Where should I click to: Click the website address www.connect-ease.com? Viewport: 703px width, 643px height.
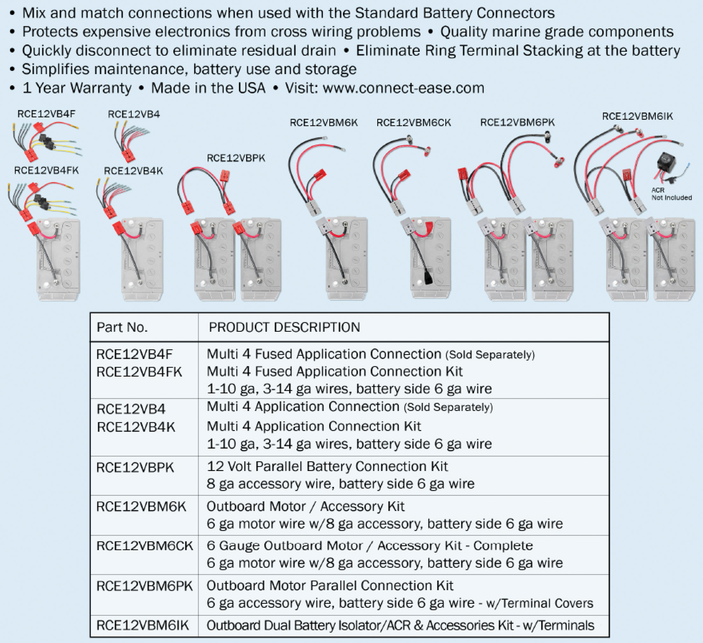[x=404, y=88]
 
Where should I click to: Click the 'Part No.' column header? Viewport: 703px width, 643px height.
[x=122, y=327]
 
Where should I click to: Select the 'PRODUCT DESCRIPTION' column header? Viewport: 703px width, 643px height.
[x=284, y=327]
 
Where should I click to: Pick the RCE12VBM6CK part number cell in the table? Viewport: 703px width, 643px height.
[x=144, y=546]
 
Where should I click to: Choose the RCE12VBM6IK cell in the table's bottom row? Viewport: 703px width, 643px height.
[x=142, y=625]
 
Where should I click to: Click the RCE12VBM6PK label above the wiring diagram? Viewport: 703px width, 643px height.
[x=517, y=122]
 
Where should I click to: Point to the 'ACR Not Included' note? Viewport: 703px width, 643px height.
[x=671, y=194]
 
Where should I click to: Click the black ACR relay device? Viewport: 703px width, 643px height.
[x=666, y=162]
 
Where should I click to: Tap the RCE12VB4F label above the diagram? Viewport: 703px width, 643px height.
[x=46, y=114]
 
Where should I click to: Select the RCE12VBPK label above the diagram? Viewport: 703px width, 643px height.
[x=236, y=158]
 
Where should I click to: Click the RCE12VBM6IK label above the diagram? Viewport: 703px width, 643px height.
[x=637, y=116]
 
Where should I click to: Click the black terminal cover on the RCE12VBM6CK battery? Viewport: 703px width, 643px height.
[x=427, y=278]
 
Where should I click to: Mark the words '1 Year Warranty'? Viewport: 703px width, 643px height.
[x=77, y=88]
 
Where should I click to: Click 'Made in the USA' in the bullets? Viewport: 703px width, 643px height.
[x=208, y=88]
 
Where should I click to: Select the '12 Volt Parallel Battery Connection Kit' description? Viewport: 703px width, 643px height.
[x=327, y=466]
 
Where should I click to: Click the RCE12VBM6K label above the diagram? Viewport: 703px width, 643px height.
[x=324, y=122]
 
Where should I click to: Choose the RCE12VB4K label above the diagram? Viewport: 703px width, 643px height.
[x=133, y=171]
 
